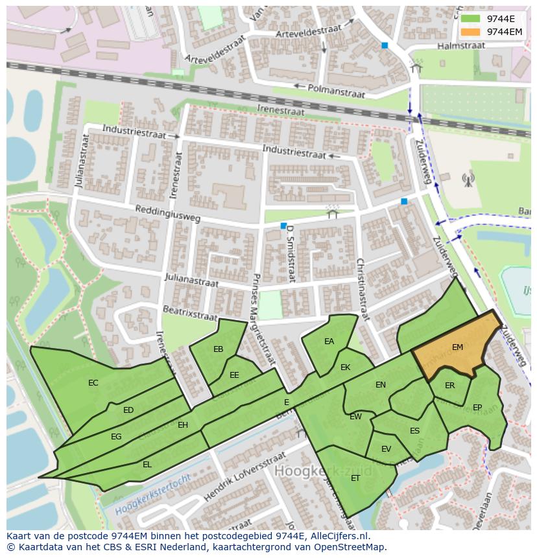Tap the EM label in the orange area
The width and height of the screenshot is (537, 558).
click(457, 347)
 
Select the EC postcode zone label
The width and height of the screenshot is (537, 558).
click(93, 383)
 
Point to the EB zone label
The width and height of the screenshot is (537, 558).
click(219, 349)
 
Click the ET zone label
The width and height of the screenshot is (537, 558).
click(355, 478)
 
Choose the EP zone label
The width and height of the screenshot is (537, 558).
click(477, 408)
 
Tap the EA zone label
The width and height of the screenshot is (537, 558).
click(329, 342)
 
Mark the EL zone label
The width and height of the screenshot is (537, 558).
click(147, 464)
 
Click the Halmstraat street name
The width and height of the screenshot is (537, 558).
click(460, 46)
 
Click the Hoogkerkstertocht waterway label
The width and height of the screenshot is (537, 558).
click(153, 496)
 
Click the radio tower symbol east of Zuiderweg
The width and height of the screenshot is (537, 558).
click(467, 179)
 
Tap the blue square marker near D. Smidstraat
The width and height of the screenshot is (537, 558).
click(283, 226)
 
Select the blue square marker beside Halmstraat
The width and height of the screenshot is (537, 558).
click(385, 45)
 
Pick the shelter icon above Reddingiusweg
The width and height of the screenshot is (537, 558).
click(333, 212)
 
